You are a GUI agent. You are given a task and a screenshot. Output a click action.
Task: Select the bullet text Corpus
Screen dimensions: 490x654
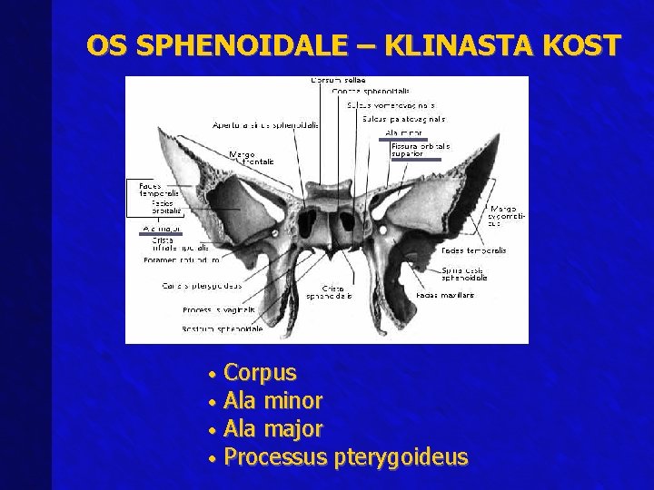tap(260, 373)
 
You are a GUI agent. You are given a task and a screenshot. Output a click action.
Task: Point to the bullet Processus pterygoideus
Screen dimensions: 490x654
tap(345, 456)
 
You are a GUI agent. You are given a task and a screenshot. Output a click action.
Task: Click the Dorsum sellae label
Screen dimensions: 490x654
tap(338, 81)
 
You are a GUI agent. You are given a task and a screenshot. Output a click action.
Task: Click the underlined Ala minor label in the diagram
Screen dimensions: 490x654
tap(403, 132)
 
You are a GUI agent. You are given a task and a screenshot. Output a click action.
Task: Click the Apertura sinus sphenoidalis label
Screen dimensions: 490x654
tap(265, 125)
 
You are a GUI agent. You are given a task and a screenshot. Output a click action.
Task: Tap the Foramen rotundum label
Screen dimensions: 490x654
tap(182, 260)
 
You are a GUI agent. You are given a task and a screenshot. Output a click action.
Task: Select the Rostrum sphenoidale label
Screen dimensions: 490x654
tap(223, 328)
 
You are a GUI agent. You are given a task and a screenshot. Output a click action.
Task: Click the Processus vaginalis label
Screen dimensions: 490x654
tap(210, 310)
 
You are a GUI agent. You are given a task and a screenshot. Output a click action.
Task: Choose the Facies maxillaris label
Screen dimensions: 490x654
tap(439, 295)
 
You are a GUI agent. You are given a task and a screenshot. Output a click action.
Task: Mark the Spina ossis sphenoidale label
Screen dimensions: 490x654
tap(465, 274)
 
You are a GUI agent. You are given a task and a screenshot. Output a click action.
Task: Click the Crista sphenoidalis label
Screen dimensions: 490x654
tap(329, 291)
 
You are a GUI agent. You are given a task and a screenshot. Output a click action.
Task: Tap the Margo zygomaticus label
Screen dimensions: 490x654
tap(504, 216)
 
